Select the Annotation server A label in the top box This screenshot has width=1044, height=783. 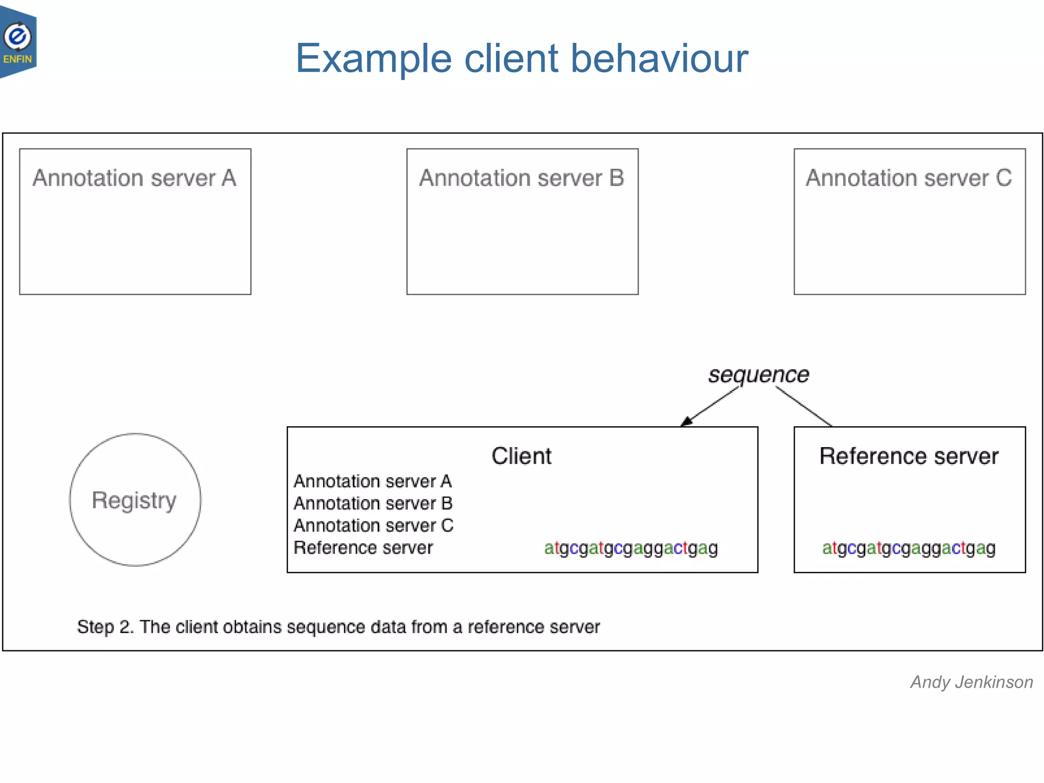[135, 178]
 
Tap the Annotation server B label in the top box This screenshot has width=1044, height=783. [521, 178]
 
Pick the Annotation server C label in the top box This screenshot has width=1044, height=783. [909, 178]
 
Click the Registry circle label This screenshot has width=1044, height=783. [134, 500]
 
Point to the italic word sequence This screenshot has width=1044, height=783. [758, 375]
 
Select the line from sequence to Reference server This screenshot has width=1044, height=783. [804, 406]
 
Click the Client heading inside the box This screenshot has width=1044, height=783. [521, 456]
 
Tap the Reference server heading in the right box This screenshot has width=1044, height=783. [909, 456]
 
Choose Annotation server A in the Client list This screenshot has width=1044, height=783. [373, 481]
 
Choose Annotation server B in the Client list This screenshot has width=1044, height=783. [373, 504]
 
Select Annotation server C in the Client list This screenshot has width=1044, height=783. [373, 526]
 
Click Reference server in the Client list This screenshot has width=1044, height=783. [363, 548]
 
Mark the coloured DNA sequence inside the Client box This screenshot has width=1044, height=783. [631, 549]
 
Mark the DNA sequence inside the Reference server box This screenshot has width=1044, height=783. [909, 549]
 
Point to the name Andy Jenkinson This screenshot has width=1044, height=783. [972, 682]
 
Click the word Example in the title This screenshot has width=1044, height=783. [374, 59]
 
